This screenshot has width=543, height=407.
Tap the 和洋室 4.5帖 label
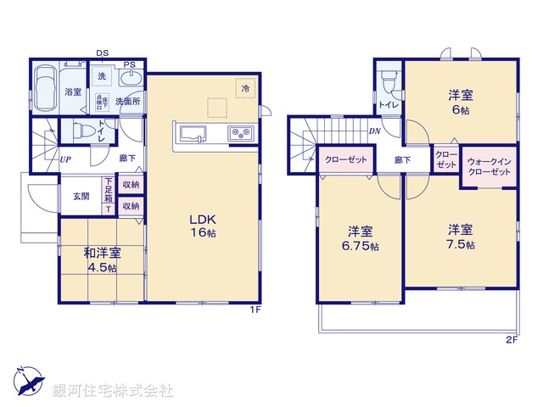tap(101, 259)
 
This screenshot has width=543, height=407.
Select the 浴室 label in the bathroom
tap(74, 92)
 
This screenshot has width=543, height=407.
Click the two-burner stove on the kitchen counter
tap(238, 133)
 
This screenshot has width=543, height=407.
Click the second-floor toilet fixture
tap(389, 80)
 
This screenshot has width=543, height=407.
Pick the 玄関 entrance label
tap(81, 196)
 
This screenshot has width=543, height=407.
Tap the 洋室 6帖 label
tap(461, 102)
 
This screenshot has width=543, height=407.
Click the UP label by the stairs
tap(65, 159)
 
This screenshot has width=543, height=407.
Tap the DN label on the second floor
tap(374, 131)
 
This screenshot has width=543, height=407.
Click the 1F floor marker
tap(254, 310)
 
